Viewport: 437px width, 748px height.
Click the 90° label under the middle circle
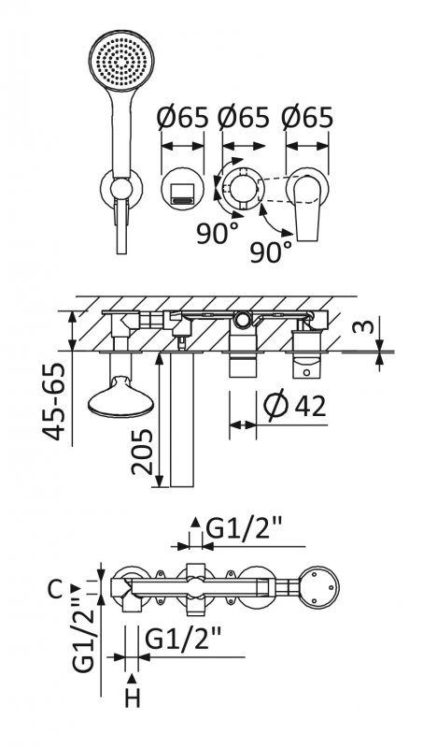click(x=218, y=233)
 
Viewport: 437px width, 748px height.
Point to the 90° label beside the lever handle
click(x=271, y=252)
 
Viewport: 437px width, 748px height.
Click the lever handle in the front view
click(x=307, y=208)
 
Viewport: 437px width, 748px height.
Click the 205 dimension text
click(x=142, y=452)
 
